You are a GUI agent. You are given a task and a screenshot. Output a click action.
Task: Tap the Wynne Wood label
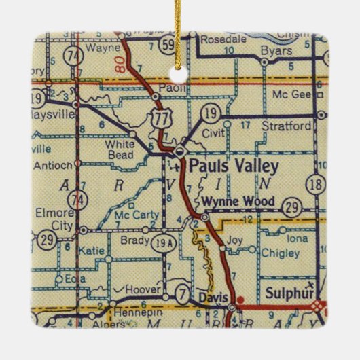point(238,201)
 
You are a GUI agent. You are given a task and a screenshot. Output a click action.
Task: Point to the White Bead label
point(121,149)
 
